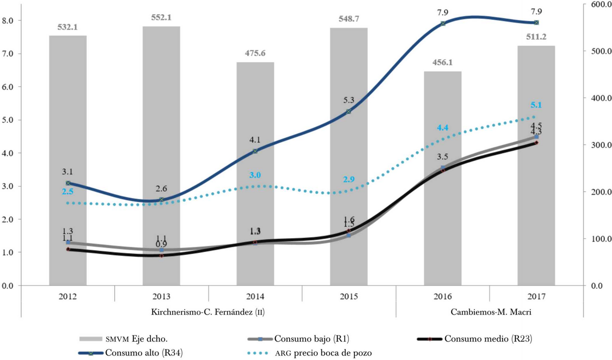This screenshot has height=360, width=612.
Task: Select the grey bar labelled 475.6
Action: click(255, 173)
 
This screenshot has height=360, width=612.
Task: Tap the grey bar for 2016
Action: click(443, 178)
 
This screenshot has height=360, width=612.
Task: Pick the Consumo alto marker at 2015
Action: click(349, 111)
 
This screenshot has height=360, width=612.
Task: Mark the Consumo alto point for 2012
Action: click(68, 183)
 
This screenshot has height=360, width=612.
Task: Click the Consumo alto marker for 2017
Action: click(536, 22)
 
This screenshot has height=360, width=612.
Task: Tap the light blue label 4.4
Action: click(442, 127)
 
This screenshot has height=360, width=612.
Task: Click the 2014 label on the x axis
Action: click(255, 296)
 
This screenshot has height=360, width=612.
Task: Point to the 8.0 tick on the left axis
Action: click(11, 21)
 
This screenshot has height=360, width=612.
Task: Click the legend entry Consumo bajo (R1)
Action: click(312, 338)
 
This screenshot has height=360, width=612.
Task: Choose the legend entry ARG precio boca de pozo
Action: click(326, 352)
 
